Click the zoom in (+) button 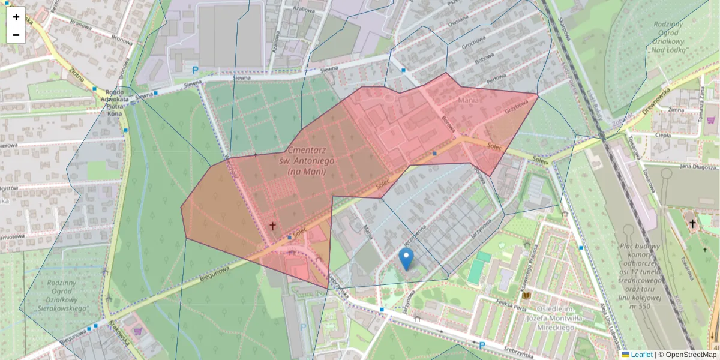(16, 17)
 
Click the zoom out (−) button (16, 35)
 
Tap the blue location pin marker (406, 259)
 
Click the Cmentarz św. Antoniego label (307, 161)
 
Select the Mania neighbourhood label (469, 100)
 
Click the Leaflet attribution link (641, 355)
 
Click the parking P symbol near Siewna (195, 70)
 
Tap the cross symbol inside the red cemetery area (272, 226)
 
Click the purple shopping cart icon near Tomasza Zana (710, 120)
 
